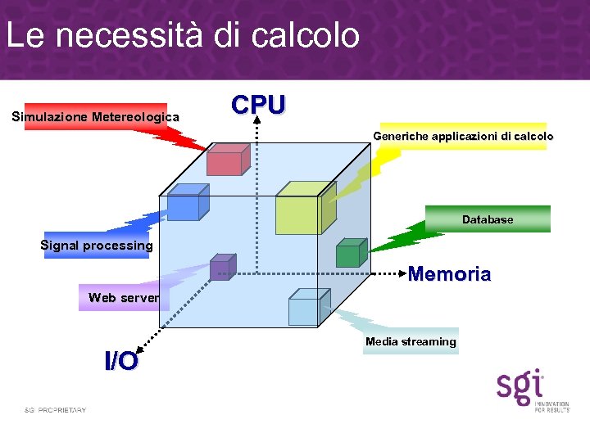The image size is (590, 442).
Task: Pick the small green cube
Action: click(350, 253)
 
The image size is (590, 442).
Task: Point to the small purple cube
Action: click(221, 268)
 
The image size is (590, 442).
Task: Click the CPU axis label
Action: click(258, 105)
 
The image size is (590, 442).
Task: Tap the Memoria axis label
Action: click(449, 274)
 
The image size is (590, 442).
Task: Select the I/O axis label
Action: click(121, 360)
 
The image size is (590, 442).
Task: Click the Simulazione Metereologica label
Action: click(96, 117)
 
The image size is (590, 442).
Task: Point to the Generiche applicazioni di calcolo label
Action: click(463, 136)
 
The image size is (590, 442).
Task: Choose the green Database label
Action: click(488, 219)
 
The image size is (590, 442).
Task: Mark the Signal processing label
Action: click(97, 246)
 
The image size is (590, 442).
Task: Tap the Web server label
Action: click(124, 297)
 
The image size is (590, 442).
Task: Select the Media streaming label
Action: click(411, 341)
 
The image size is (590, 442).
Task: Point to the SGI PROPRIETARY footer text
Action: click(55, 409)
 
